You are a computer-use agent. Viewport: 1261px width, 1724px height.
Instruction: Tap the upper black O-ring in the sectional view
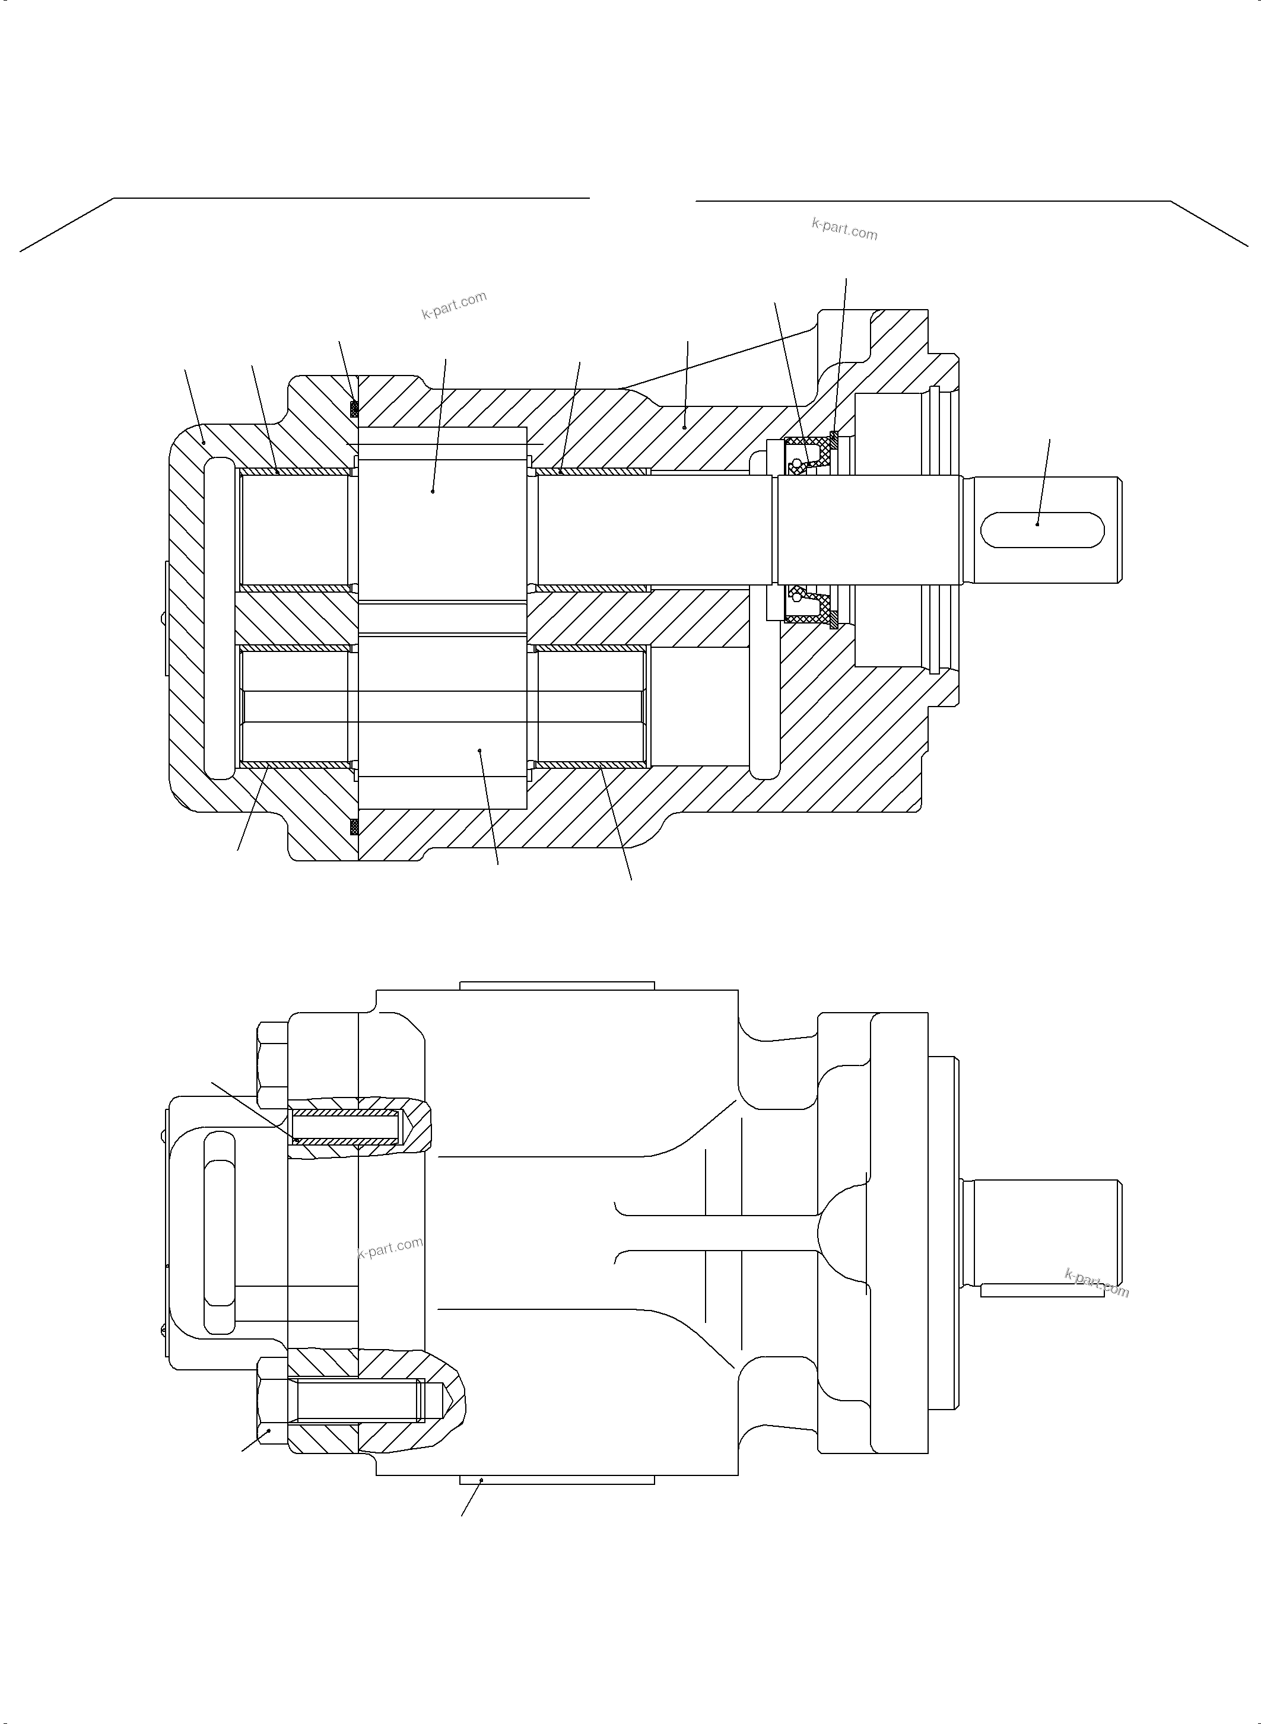[354, 409]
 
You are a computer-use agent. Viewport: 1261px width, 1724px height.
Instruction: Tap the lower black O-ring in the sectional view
[354, 826]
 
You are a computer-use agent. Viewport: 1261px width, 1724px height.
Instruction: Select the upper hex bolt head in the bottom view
[272, 1065]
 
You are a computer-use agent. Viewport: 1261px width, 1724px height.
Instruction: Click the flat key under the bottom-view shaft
[1042, 1290]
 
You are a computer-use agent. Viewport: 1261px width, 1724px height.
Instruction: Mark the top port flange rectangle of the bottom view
[557, 985]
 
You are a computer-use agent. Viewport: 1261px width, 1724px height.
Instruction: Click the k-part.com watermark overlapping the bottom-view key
[1097, 1282]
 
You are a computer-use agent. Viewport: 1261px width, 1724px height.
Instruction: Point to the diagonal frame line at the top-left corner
[67, 224]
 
